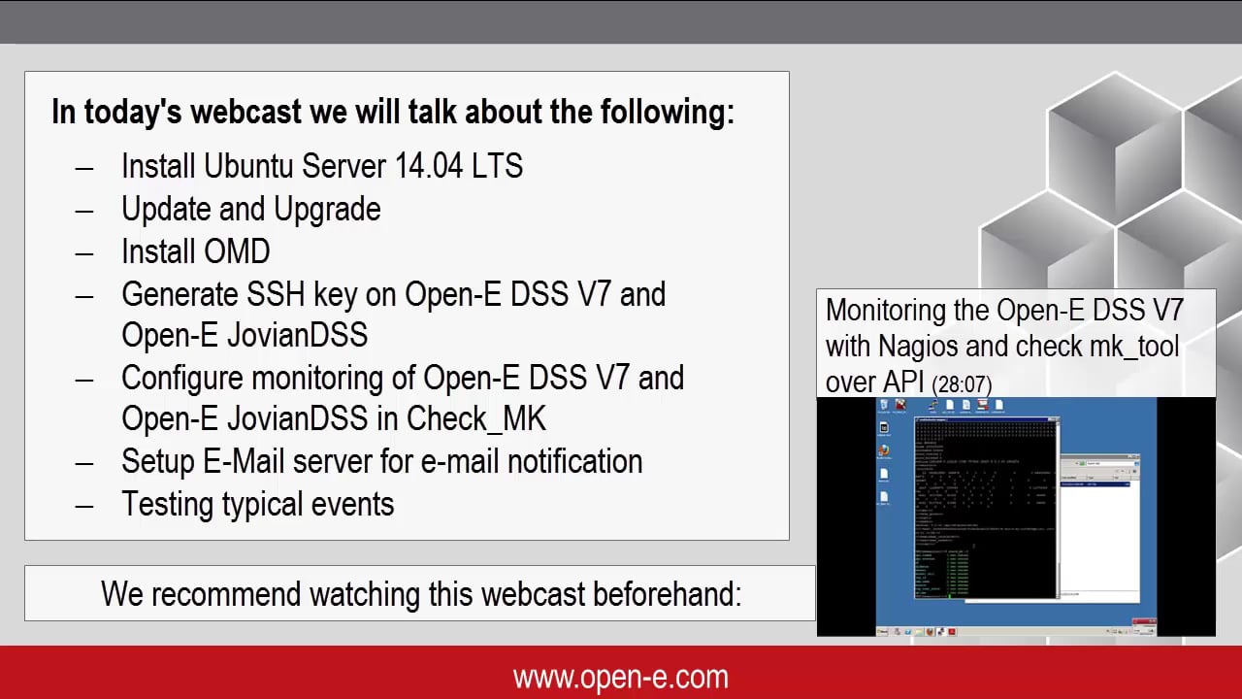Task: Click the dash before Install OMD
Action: [x=84, y=252]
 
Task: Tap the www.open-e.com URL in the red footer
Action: [x=621, y=677]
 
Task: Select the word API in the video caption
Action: [x=899, y=383]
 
